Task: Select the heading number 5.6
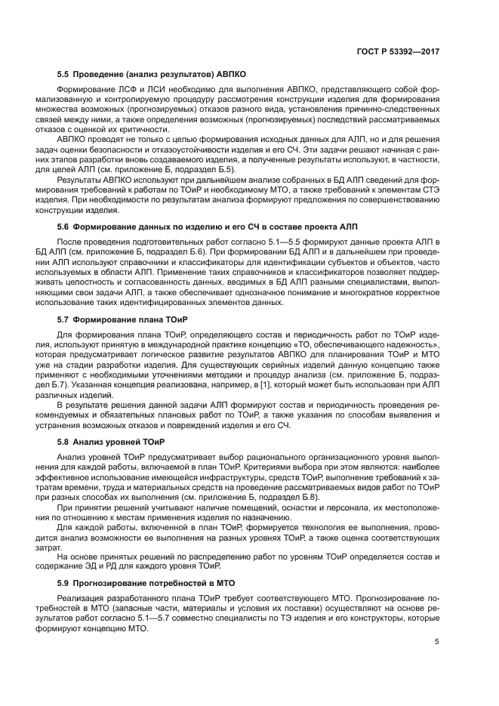tap(63, 226)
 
